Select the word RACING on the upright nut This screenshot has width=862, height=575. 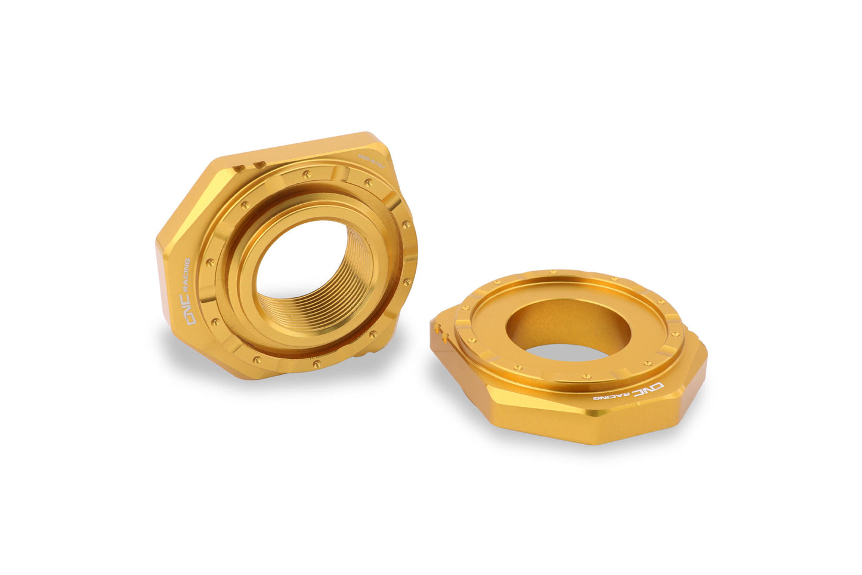click(x=186, y=276)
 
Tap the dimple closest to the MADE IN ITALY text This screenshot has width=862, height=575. click(x=367, y=183)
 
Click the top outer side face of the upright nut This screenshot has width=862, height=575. click(x=298, y=146)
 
